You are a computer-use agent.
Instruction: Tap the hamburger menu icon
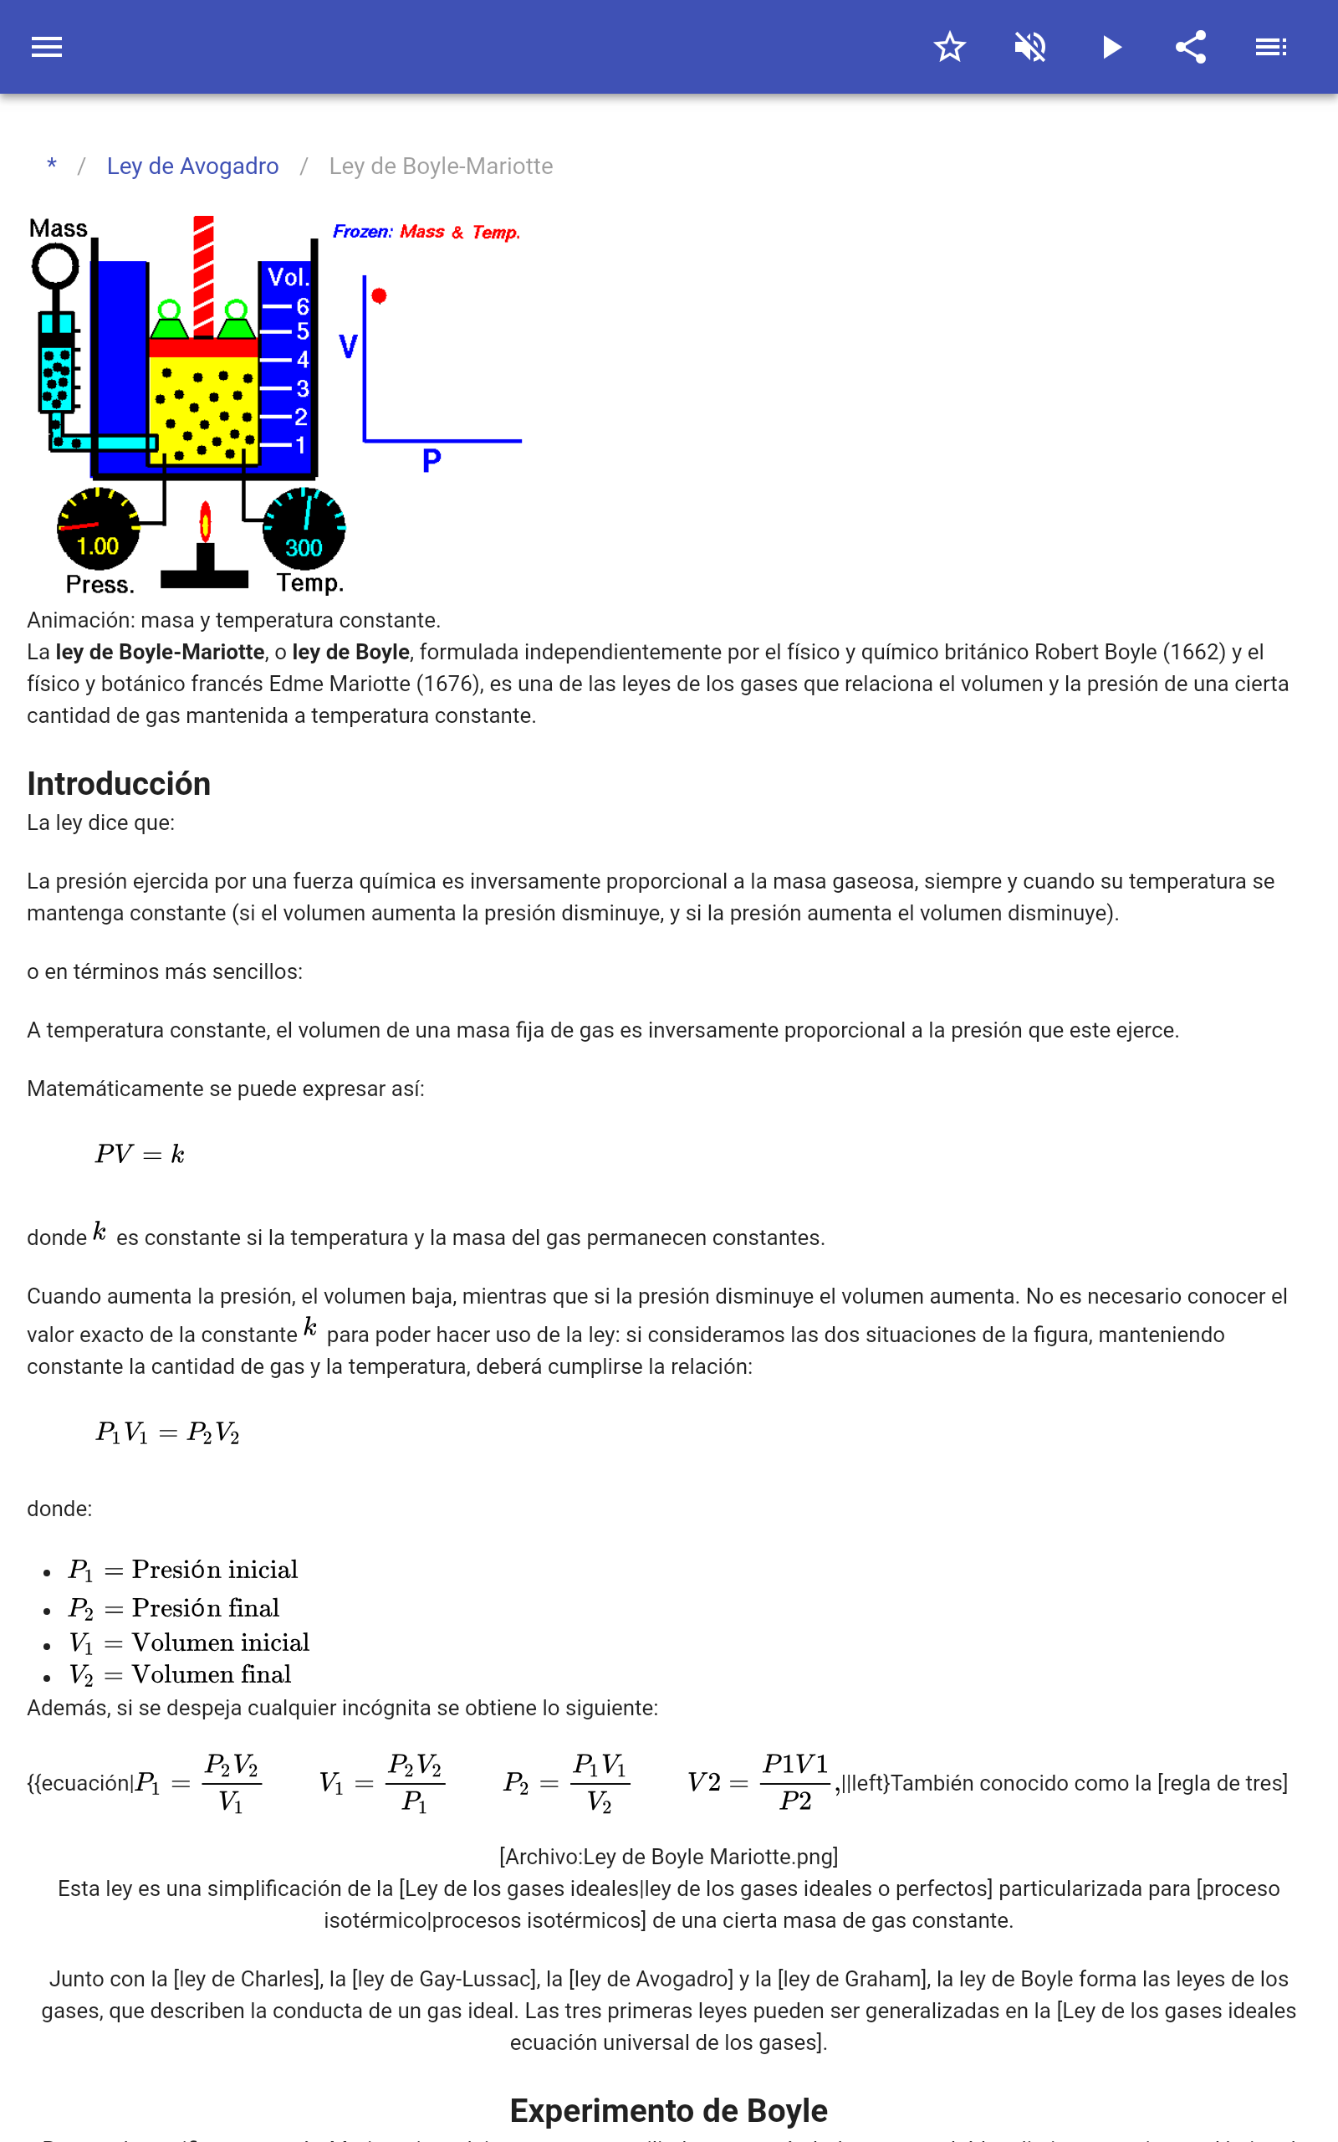pos(47,47)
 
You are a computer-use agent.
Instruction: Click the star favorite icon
pos(949,47)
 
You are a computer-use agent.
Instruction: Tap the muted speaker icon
pos(1030,47)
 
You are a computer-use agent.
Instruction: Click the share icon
pos(1191,47)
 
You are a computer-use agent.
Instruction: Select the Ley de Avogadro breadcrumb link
pos(192,167)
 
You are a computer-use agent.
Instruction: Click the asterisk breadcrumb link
pos(52,166)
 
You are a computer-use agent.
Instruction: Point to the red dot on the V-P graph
pos(379,295)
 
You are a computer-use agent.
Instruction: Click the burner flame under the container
pos(206,522)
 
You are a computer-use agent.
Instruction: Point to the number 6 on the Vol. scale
pos(302,306)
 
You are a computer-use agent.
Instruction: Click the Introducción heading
pos(119,784)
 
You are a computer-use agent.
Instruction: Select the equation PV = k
pos(140,1154)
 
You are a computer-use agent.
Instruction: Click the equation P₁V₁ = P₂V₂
pos(167,1432)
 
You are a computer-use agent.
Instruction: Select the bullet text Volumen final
pos(211,1674)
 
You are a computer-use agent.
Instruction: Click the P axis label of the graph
pos(431,460)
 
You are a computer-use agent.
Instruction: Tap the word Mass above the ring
pos(59,228)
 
